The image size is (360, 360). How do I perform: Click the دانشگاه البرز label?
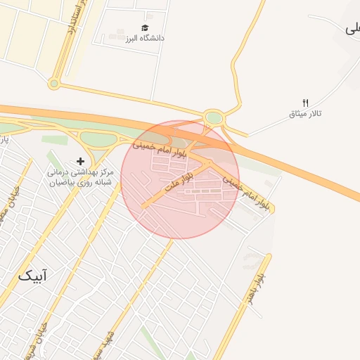145,38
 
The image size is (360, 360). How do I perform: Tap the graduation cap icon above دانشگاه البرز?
145,27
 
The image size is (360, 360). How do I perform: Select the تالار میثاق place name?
305,114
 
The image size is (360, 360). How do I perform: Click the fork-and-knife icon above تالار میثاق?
305,103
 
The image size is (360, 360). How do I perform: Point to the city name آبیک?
33,276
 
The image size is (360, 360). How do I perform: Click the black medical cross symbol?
81,162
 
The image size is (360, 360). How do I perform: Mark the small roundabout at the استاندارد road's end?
53,84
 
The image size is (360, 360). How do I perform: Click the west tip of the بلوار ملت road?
143,207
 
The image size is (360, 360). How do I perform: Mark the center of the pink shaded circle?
180,179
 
